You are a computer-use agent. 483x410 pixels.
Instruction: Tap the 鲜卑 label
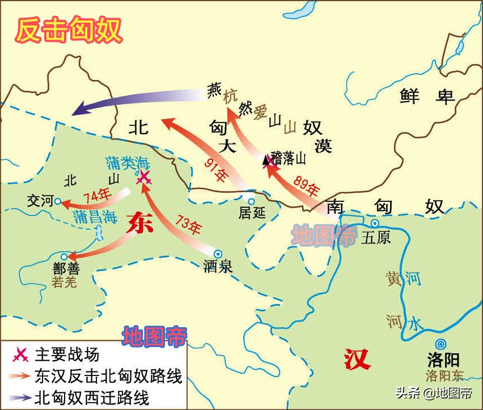click(427, 96)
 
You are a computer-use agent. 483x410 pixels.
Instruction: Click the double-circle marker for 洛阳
click(440, 343)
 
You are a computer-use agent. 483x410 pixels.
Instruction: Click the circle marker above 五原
click(375, 223)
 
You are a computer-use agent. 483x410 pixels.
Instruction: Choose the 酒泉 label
click(218, 267)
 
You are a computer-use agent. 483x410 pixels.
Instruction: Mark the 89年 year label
click(307, 185)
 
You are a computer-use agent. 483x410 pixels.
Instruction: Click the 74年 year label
click(96, 196)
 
